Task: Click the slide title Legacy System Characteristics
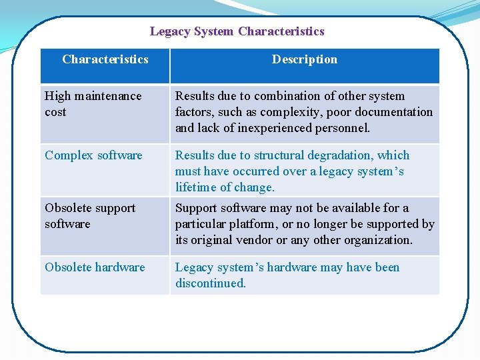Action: (237, 31)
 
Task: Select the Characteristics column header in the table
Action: (105, 59)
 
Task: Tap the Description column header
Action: (304, 59)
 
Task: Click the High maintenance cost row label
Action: (93, 104)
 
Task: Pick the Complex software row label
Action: (93, 155)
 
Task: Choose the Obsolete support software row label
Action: (90, 216)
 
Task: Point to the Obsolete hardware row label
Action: (95, 267)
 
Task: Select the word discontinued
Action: (210, 283)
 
